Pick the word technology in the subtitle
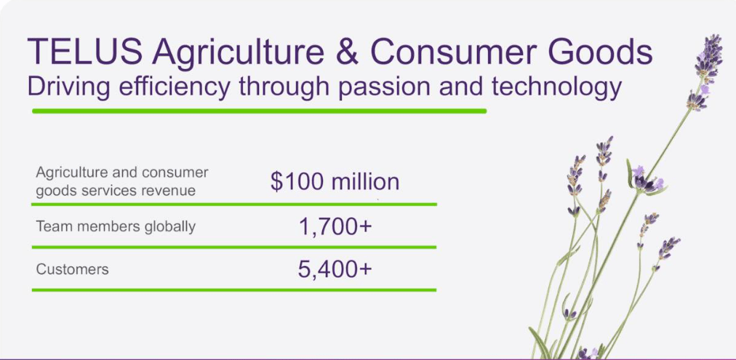(x=556, y=88)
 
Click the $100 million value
(x=335, y=181)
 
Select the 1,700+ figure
(x=335, y=227)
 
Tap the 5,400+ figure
(x=335, y=269)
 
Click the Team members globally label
(x=116, y=226)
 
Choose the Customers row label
(x=72, y=269)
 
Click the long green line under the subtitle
(x=259, y=111)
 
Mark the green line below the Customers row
(x=233, y=289)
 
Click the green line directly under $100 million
(x=335, y=204)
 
